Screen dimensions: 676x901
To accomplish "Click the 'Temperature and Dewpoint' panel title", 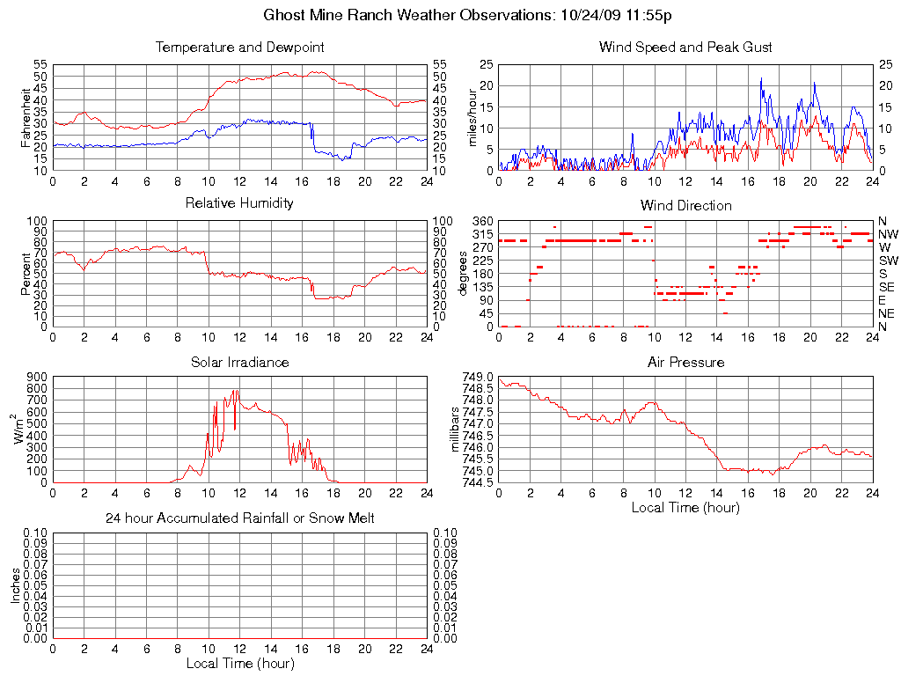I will (239, 48).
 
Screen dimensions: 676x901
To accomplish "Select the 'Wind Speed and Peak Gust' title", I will (685, 48).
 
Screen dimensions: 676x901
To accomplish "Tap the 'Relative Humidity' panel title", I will (239, 203).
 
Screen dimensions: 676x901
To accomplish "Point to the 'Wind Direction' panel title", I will (685, 206).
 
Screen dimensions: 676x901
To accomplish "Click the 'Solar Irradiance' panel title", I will (239, 362).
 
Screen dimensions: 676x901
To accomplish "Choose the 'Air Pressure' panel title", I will (685, 362).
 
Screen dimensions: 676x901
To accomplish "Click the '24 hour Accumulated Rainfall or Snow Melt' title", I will (239, 518).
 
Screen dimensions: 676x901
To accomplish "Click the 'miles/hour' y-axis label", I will (472, 117).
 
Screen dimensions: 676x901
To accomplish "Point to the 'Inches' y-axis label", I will (15, 585).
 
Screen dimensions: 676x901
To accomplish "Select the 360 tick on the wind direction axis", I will (482, 220).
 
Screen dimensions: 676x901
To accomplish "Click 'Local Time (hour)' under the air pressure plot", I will (685, 507).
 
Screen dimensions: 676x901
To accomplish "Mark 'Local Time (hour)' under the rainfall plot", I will (239, 663).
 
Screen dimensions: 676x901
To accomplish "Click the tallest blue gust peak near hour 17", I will (761, 78).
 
